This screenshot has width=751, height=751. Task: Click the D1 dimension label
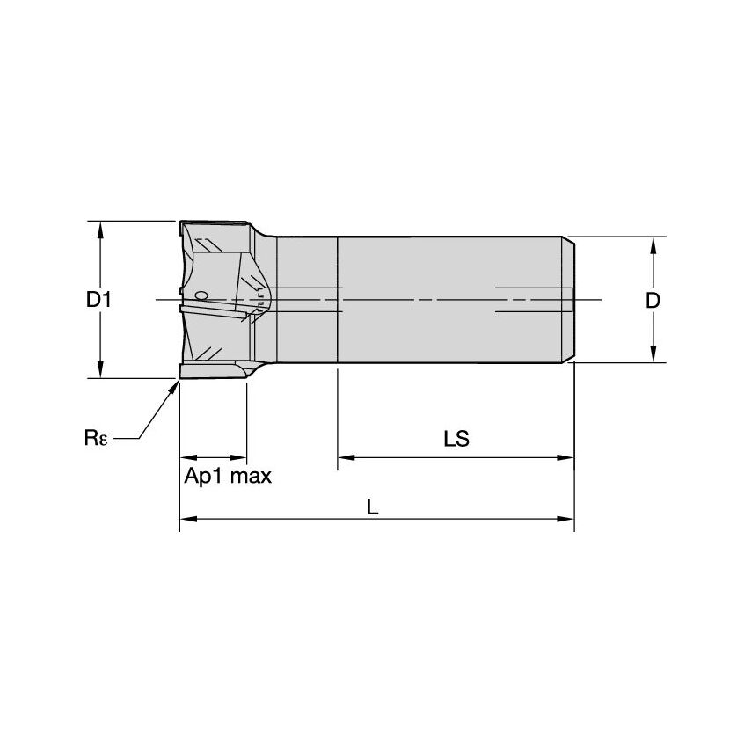click(x=98, y=300)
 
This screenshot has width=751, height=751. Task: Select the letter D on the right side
click(x=652, y=301)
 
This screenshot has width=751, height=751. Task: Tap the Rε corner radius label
click(x=96, y=437)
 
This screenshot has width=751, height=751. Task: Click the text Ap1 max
click(x=228, y=478)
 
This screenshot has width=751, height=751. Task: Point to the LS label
click(x=456, y=439)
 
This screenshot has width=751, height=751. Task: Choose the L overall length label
click(x=373, y=507)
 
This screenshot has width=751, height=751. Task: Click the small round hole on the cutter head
click(x=201, y=295)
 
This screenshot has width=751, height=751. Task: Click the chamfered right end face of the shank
click(x=570, y=300)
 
